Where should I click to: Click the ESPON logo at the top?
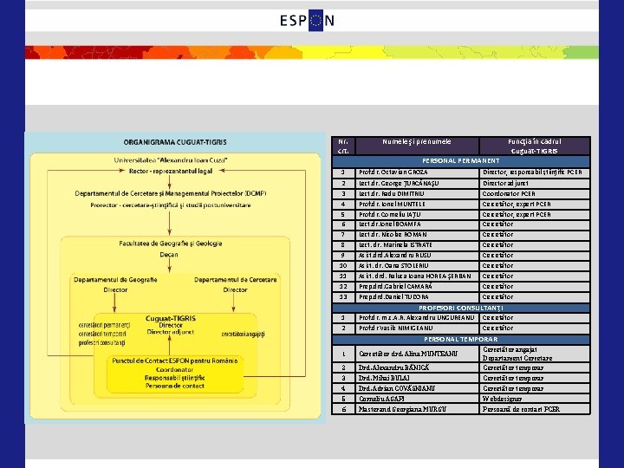(x=307, y=21)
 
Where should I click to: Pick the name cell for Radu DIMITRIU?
(x=400, y=193)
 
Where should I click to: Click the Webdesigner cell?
(x=504, y=399)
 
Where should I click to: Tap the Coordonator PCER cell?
(x=509, y=193)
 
